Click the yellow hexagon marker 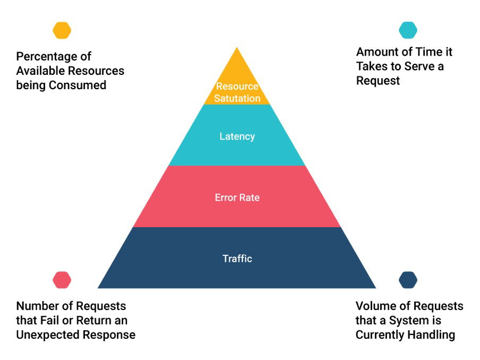(x=62, y=30)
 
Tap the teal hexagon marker (x=408, y=30)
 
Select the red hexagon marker (x=62, y=280)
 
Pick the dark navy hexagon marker (x=408, y=280)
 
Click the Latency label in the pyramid (x=237, y=136)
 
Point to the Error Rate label (x=237, y=198)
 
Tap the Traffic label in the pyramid (x=237, y=259)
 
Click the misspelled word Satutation (x=237, y=98)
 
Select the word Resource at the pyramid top (x=237, y=87)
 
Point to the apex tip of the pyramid (x=237, y=48)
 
